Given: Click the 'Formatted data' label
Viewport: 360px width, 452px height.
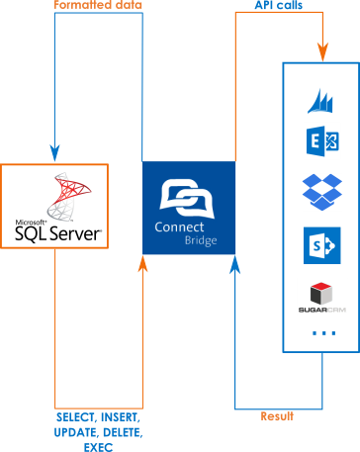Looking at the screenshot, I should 97,6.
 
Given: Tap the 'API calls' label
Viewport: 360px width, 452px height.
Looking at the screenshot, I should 278,6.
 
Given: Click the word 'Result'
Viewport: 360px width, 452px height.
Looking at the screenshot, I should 278,416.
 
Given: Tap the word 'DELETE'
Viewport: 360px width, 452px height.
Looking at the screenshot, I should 123,433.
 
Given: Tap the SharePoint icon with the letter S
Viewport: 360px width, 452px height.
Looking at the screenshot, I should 320,243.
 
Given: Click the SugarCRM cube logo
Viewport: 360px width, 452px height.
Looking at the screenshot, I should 320,293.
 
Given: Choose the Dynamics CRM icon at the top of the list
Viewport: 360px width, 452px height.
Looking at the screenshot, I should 320,97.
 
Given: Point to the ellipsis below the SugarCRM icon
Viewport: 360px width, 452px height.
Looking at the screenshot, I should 322,333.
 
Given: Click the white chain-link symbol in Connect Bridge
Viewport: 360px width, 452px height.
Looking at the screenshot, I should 189,196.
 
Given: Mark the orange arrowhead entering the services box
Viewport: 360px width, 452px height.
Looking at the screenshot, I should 321,52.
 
